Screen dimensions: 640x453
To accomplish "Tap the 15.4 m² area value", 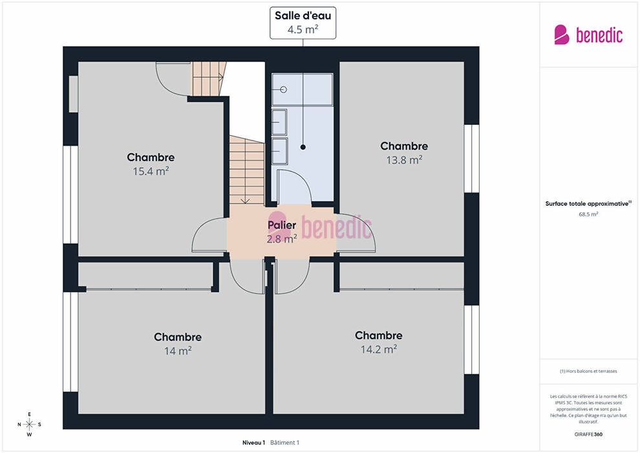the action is (x=151, y=171).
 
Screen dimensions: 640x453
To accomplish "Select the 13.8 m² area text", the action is (x=405, y=160).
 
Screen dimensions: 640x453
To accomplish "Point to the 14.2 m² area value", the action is (x=379, y=349).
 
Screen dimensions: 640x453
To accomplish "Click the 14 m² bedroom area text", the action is (x=178, y=351).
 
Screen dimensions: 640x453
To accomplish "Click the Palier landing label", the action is (x=282, y=225).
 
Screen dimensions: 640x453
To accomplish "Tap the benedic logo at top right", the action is (x=588, y=35).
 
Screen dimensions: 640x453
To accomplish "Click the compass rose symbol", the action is (x=29, y=425).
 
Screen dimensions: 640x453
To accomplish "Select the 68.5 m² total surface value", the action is (x=588, y=214).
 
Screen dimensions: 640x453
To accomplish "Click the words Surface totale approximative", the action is (x=587, y=203).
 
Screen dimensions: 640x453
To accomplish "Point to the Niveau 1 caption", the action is (x=254, y=443).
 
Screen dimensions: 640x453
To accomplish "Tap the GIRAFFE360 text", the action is (x=588, y=434).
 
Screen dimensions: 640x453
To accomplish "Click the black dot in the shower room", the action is (x=303, y=147).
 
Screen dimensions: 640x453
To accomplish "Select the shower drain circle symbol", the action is (x=284, y=89).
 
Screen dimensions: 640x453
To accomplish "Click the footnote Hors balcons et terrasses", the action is (x=588, y=371).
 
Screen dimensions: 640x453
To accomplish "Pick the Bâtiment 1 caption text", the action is (x=285, y=443).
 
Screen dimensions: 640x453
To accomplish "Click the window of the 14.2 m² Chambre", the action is (x=471, y=340).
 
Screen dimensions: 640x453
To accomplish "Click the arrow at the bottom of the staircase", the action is (x=245, y=201).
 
